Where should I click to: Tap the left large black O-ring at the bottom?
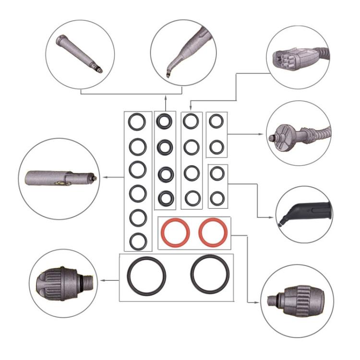coord(146,276)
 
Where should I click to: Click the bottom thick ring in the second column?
coord(166,197)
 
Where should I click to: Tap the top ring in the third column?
coord(191,121)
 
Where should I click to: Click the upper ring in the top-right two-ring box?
coord(216,121)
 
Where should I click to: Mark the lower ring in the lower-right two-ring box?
coord(217,197)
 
